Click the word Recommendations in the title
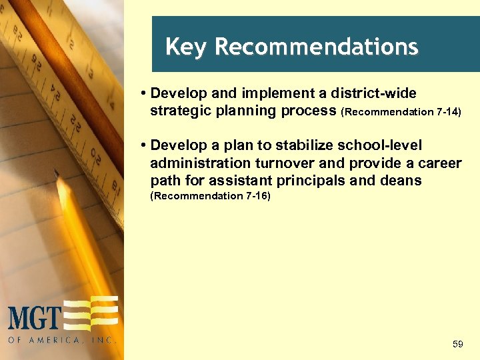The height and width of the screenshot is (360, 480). coord(317,47)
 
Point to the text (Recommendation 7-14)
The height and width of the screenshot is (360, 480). coord(401,112)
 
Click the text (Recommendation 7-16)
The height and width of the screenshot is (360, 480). coord(210,196)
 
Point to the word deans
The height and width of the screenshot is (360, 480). coord(402,181)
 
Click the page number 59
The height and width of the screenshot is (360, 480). coord(457,344)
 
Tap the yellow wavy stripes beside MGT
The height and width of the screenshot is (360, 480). coord(91,313)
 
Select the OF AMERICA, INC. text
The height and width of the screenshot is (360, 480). coord(62,340)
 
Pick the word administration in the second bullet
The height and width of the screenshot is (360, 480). coord(195,163)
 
